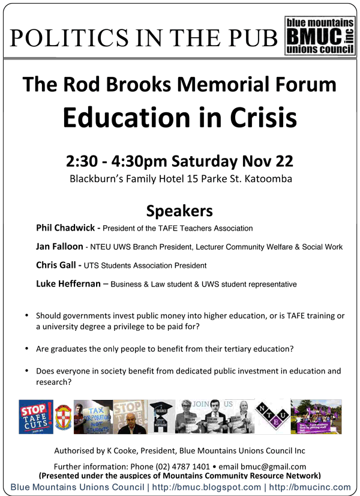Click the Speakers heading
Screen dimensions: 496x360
pos(179,211)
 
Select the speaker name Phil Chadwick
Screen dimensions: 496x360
pos(65,228)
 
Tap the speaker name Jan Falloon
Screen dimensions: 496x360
pos(59,246)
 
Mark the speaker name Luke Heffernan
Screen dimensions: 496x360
pos(69,283)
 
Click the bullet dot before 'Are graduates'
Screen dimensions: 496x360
pos(26,348)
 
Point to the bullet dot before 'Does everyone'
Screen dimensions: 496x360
pos(26,371)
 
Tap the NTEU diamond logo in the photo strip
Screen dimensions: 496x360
pos(272,416)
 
